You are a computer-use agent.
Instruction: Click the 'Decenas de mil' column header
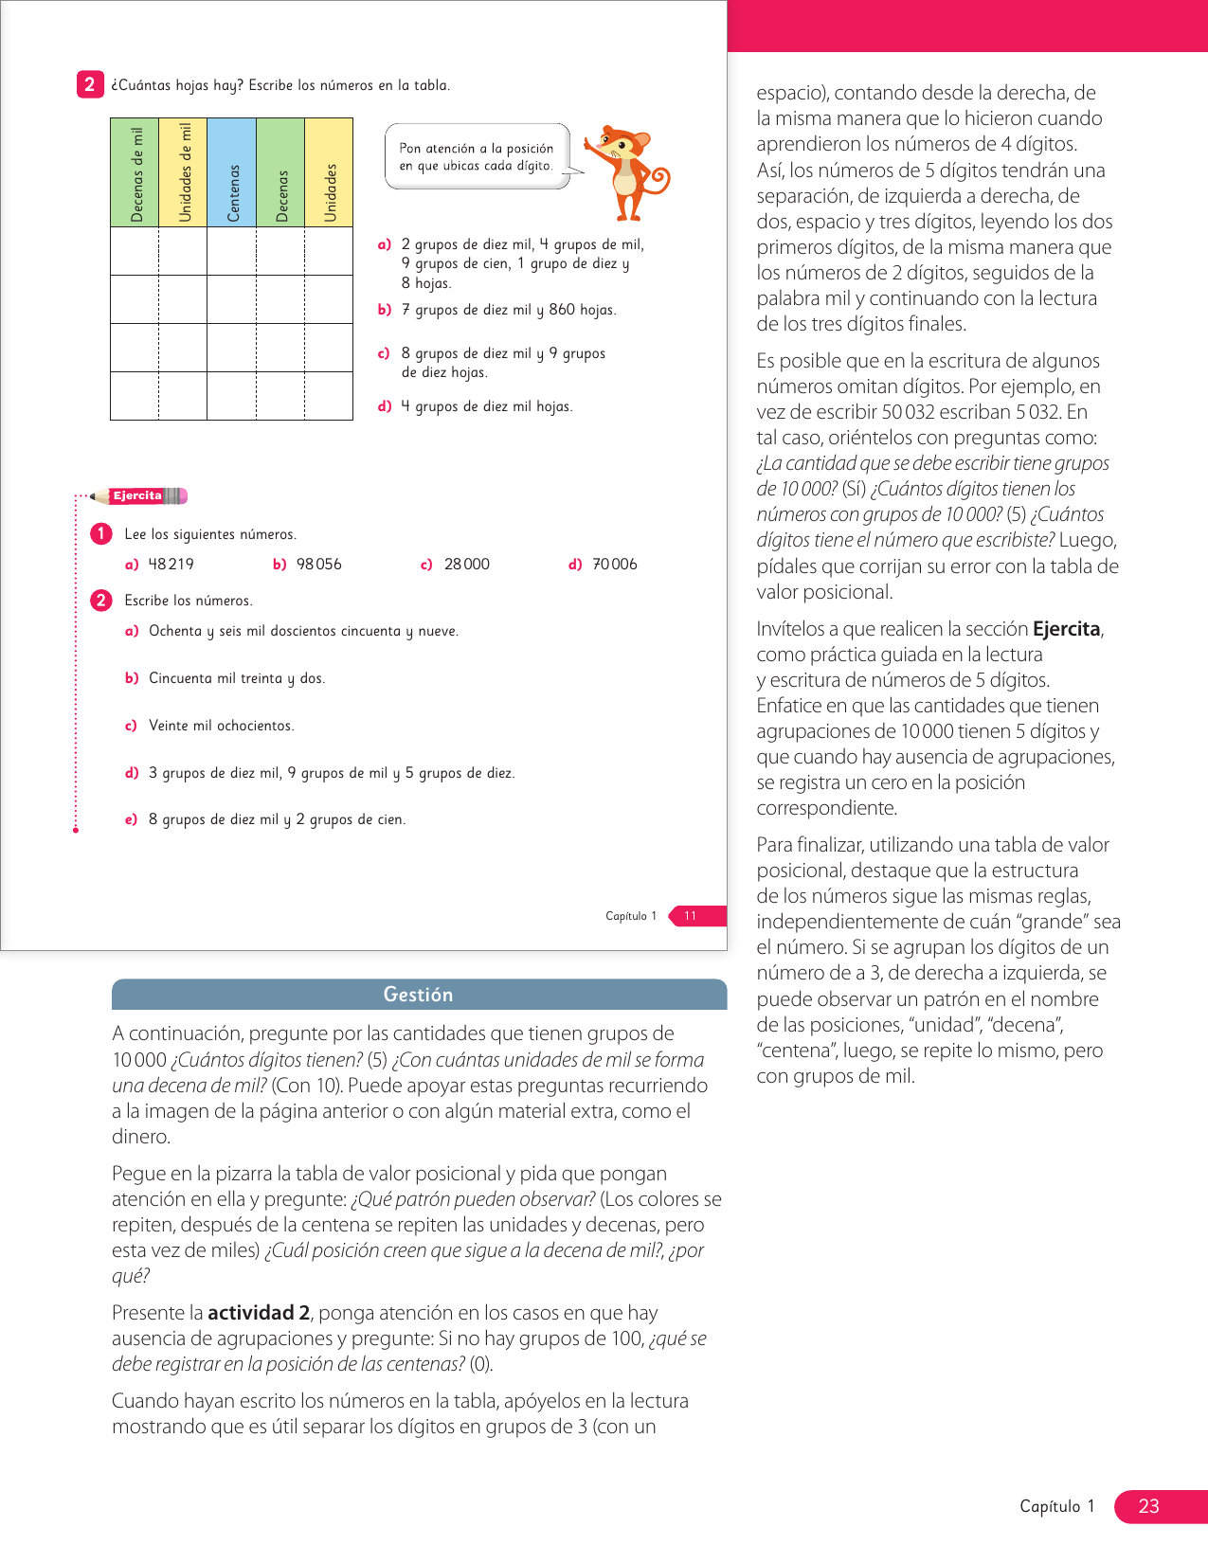click(x=135, y=173)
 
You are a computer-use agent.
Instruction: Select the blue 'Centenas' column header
click(x=232, y=173)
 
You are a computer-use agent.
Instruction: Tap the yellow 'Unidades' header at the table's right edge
click(x=329, y=173)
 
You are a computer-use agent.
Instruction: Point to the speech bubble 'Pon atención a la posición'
click(x=477, y=157)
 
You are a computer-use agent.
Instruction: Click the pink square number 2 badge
click(x=90, y=84)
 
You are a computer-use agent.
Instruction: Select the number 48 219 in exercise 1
click(x=171, y=565)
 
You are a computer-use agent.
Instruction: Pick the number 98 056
click(x=318, y=565)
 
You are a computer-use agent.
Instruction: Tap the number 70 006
click(x=614, y=565)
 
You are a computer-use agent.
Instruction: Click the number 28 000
click(x=466, y=565)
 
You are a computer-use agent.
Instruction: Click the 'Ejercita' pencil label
click(x=140, y=495)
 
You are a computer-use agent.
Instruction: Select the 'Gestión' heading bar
click(x=419, y=995)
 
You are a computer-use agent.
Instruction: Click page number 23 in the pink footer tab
click(x=1148, y=1506)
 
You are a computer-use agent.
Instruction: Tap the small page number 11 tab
click(x=691, y=916)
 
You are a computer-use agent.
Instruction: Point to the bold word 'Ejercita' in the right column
click(x=1066, y=629)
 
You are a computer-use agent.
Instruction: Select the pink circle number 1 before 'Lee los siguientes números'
click(x=101, y=534)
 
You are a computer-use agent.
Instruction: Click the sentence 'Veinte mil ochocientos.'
click(x=221, y=726)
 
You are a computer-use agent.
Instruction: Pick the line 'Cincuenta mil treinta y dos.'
click(x=236, y=678)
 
